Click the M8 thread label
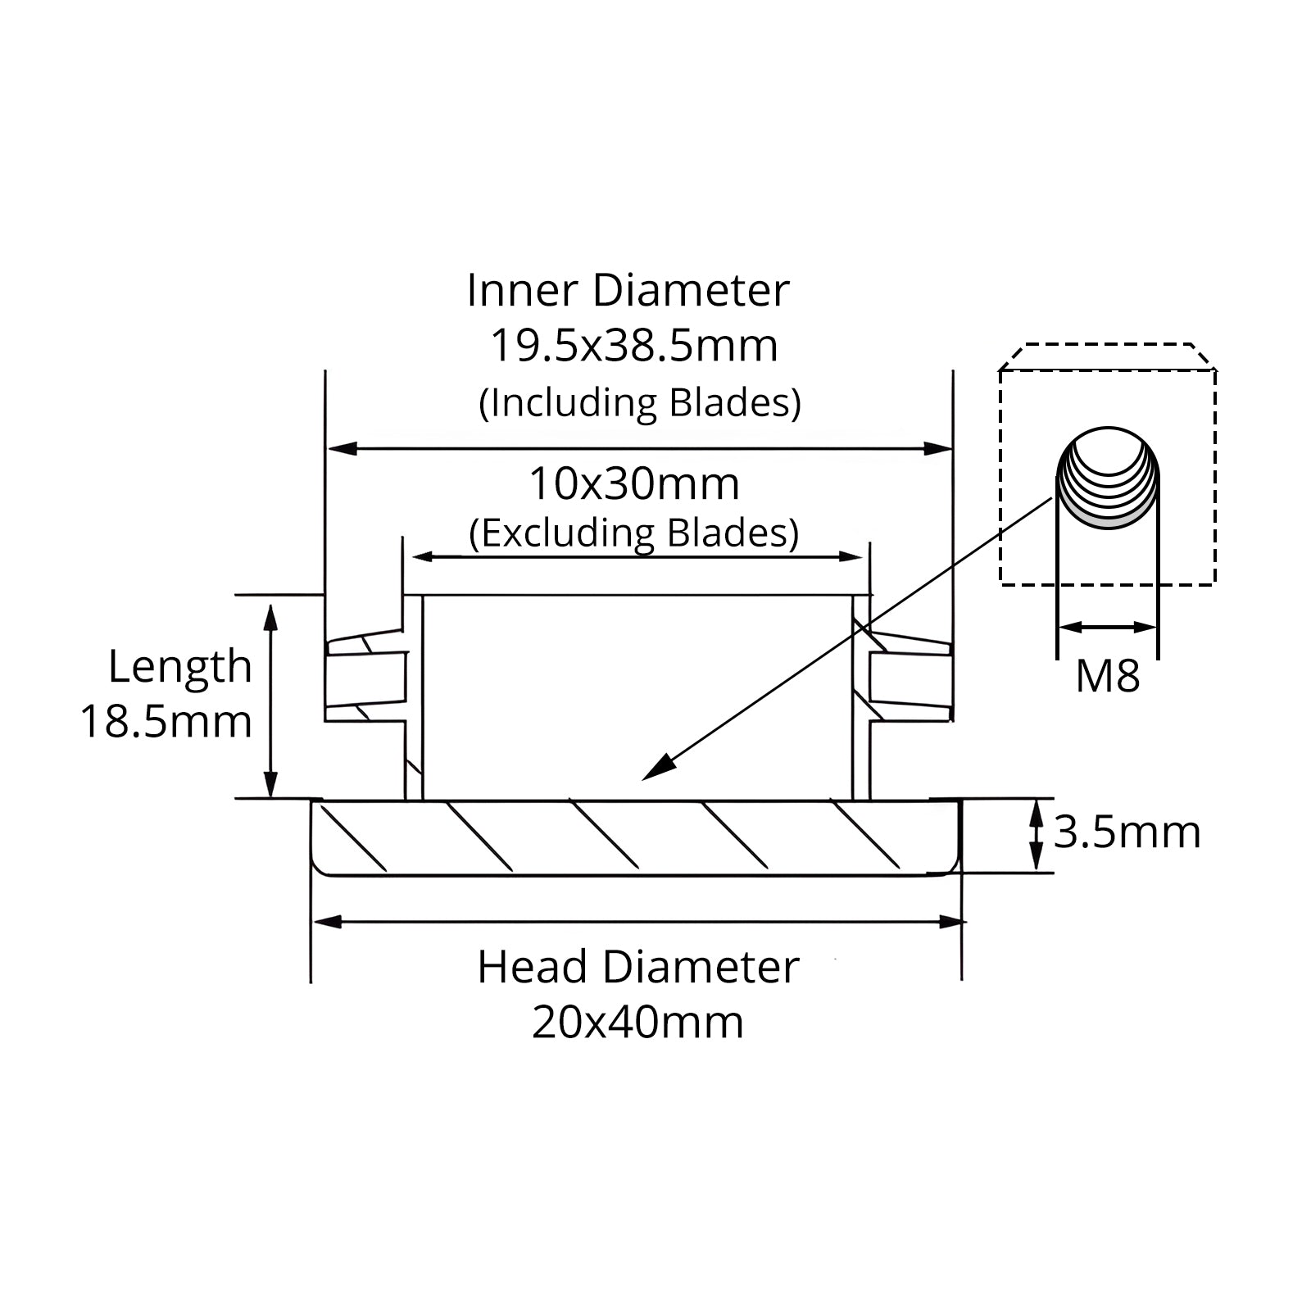click(x=1107, y=677)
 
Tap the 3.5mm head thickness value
click(x=1127, y=832)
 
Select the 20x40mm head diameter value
click(x=637, y=1023)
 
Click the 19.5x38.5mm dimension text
click(x=633, y=346)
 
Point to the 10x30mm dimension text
click(x=634, y=484)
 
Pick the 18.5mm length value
click(x=166, y=722)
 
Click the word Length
click(x=180, y=667)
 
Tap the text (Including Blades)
click(x=640, y=403)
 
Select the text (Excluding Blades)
click(x=634, y=533)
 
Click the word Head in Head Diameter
click(x=533, y=967)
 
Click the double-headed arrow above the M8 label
click(x=1108, y=628)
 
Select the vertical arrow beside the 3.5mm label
click(x=1037, y=835)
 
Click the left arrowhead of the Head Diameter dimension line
click(x=328, y=922)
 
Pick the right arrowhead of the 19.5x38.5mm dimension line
click(x=937, y=448)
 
